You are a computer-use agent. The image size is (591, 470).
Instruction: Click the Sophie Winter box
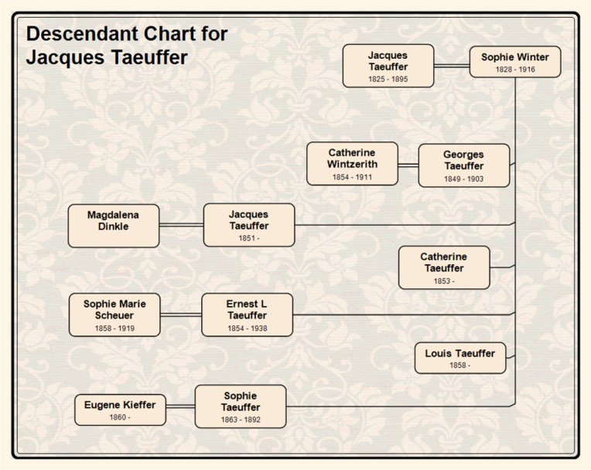click(514, 62)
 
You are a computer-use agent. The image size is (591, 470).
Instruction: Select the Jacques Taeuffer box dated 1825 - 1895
click(388, 66)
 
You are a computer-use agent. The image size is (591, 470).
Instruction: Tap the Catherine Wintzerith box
click(352, 164)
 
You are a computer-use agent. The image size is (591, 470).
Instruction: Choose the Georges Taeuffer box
click(463, 165)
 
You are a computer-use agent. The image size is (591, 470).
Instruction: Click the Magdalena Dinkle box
click(113, 226)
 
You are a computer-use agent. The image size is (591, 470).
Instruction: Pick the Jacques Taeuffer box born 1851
click(248, 225)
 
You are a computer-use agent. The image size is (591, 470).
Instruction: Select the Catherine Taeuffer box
click(443, 267)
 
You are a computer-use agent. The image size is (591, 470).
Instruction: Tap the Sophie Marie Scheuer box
click(114, 315)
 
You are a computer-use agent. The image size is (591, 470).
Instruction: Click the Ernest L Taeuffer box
click(247, 315)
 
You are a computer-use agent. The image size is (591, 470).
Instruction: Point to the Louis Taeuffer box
click(459, 358)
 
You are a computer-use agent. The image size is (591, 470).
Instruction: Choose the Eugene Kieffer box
click(120, 410)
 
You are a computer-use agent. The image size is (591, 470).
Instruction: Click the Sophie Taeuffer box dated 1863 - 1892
click(240, 407)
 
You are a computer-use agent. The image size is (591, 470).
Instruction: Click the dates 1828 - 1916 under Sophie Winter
click(514, 70)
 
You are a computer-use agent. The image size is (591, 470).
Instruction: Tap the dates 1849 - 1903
click(463, 179)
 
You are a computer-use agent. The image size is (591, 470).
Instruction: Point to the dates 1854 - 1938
click(247, 328)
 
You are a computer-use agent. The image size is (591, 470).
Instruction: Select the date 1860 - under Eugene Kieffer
click(120, 417)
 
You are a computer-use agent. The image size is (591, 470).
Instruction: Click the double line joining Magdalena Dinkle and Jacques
click(181, 225)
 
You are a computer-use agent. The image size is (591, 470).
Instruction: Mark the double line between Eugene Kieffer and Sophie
click(180, 407)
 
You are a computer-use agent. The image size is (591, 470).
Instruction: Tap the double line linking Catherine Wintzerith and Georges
click(408, 165)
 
